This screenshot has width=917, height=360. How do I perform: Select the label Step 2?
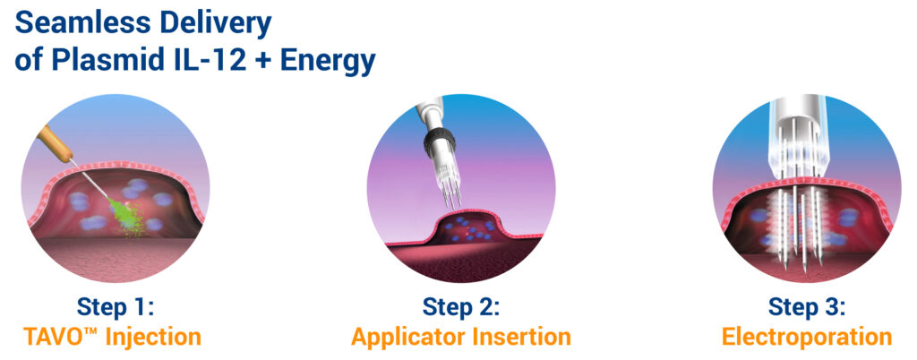(x=461, y=308)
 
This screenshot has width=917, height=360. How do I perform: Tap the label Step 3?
(x=807, y=308)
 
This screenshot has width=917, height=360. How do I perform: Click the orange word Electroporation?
(x=807, y=339)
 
